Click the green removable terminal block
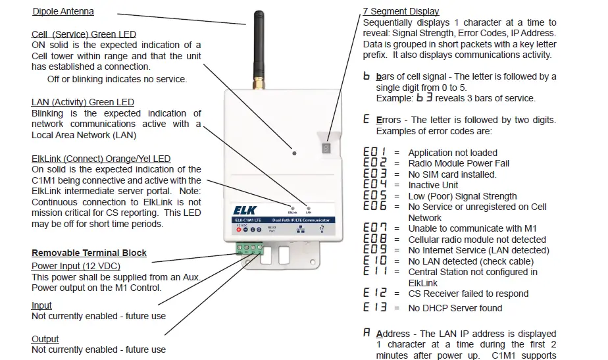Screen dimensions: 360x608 coord(248,249)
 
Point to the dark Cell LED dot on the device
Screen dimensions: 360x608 coord(293,153)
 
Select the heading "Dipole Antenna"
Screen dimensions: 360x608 coord(63,11)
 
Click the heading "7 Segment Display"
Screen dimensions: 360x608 coord(401,11)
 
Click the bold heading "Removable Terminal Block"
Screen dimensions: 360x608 coord(89,253)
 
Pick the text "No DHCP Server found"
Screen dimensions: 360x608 coord(455,308)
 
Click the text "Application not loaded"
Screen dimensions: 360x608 coord(453,153)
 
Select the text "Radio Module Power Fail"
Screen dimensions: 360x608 coord(459,163)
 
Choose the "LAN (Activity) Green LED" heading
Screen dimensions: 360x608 coord(82,102)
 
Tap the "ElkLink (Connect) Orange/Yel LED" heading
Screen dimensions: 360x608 coord(101,159)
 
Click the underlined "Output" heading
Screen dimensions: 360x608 coord(45,339)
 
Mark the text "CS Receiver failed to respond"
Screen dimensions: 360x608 coord(468,294)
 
